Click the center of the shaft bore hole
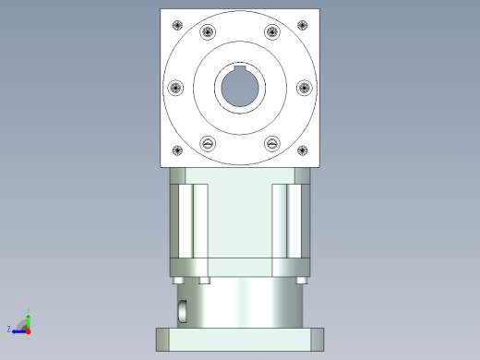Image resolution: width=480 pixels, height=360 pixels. (240, 89)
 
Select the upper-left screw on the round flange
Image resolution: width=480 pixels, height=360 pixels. (208, 32)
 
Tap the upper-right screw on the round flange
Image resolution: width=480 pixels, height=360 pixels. (271, 32)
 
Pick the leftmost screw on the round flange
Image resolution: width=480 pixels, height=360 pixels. (175, 88)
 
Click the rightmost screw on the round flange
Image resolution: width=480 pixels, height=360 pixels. (304, 88)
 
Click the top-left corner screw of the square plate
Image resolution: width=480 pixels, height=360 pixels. (175, 24)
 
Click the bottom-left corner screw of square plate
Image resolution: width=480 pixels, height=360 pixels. (176, 151)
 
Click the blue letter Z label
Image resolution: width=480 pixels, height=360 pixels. (9, 329)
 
